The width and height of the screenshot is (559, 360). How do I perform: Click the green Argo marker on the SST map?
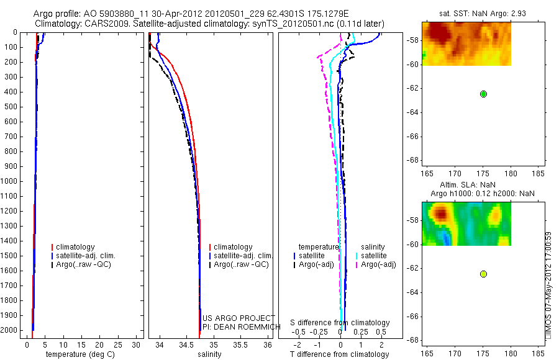tap(483, 94)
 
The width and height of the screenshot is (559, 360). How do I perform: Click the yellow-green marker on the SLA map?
tap(483, 274)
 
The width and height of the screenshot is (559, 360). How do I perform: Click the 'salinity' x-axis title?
tap(209, 354)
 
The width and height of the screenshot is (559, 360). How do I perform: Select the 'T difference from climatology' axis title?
tap(339, 354)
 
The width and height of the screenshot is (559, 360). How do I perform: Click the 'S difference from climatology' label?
tap(340, 323)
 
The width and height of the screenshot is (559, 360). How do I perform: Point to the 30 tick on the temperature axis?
tap(138, 345)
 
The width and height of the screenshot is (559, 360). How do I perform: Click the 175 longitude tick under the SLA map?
tap(483, 351)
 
